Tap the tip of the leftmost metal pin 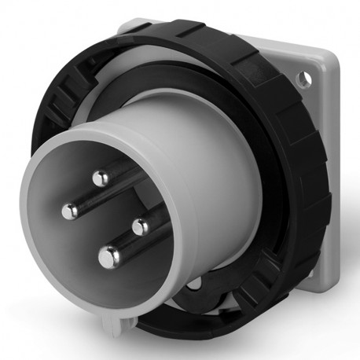pyautogui.click(x=70, y=211)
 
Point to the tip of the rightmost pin pyautogui.click(x=140, y=227)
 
